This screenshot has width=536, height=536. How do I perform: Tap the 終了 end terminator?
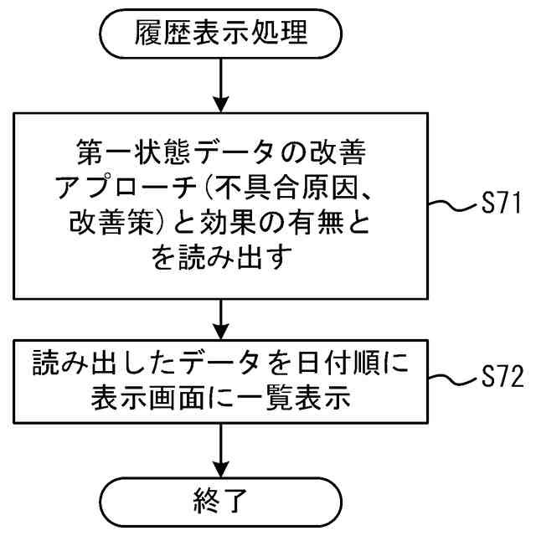(222, 502)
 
